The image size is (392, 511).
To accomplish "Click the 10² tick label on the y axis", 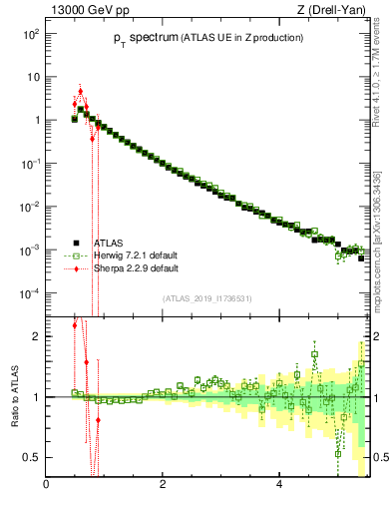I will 30,33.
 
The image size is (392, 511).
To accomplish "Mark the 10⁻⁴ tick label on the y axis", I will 30,293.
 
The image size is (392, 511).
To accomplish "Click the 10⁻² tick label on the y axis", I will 30,207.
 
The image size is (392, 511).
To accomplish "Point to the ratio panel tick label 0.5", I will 32,457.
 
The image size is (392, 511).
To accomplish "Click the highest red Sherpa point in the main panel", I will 80,91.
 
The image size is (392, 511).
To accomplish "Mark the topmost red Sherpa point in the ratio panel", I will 75,325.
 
